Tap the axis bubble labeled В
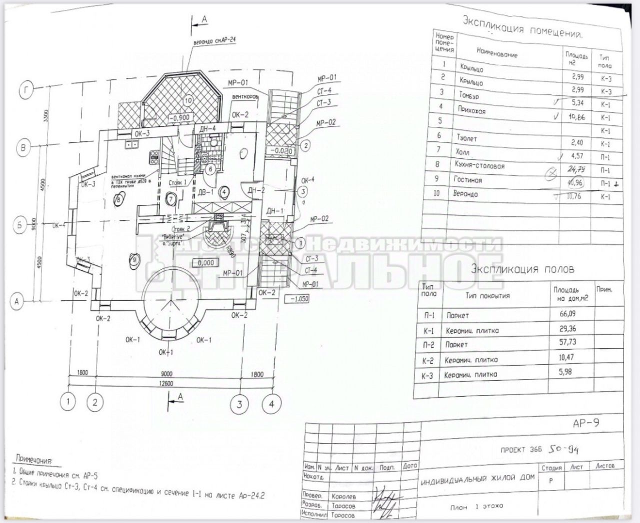tap(23, 147)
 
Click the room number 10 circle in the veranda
tap(187, 99)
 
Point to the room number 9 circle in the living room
tap(133, 258)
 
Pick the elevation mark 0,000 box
tap(205, 262)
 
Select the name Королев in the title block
tap(344, 497)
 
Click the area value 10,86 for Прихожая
tap(576, 118)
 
